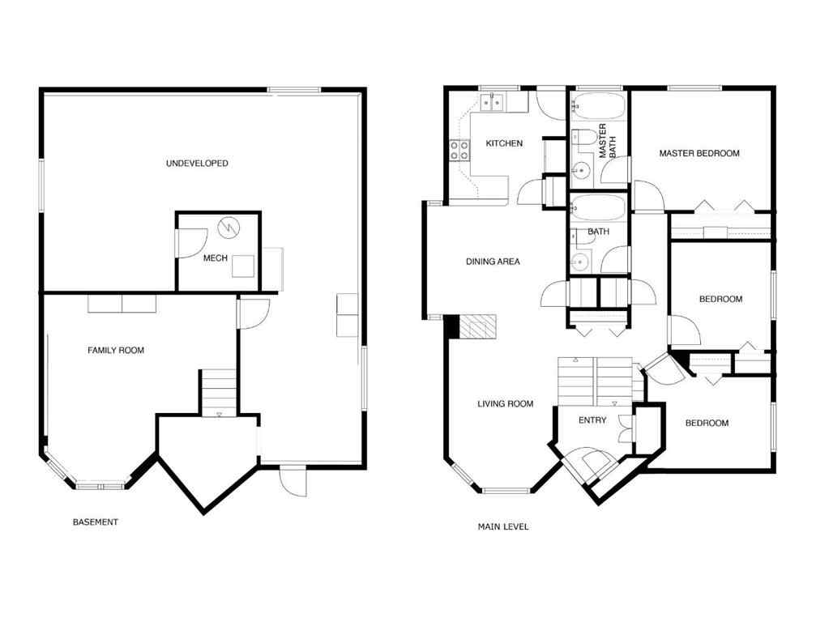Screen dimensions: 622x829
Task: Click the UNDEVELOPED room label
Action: (197, 164)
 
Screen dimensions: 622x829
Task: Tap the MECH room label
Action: (214, 259)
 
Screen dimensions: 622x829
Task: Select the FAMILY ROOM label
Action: (116, 351)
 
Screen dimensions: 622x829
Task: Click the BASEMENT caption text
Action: (96, 522)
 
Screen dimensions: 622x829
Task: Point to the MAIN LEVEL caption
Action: (503, 527)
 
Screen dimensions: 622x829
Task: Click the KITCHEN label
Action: (504, 143)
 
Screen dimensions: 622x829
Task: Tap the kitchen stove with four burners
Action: (459, 150)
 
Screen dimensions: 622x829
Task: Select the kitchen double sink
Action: (492, 103)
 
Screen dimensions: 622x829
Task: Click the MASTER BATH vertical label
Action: (607, 141)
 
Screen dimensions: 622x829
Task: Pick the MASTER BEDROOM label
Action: (699, 153)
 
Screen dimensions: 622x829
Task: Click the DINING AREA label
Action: (493, 262)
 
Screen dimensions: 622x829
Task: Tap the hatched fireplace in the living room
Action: (475, 326)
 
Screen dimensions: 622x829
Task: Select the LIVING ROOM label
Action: (505, 403)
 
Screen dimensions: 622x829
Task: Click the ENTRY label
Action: (592, 420)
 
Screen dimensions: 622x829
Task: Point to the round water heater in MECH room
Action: (230, 228)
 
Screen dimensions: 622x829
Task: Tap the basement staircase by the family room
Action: (219, 392)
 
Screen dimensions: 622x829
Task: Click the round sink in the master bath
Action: (581, 171)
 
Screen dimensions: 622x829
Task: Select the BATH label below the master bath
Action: (598, 232)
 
